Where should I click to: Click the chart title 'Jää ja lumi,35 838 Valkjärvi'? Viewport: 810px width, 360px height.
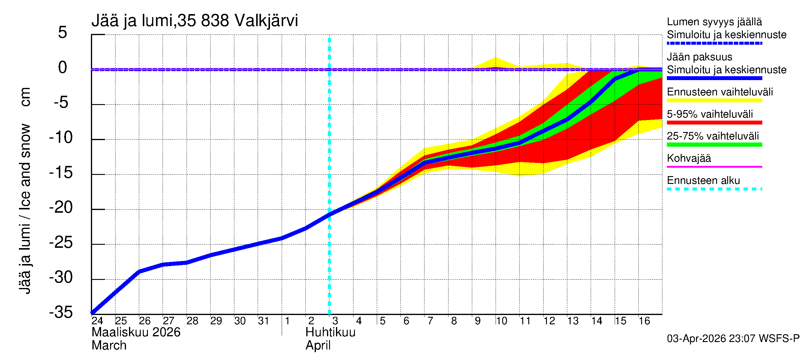click(194, 21)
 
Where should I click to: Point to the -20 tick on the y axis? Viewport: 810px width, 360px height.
click(61, 208)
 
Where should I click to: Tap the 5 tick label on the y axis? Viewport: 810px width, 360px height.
click(63, 32)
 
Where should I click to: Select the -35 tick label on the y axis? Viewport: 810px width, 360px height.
click(61, 312)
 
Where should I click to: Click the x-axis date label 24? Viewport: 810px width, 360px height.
click(97, 321)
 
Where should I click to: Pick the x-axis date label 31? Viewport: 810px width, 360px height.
click(263, 321)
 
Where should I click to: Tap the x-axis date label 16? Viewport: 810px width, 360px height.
click(644, 321)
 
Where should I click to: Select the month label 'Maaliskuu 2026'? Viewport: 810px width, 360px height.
click(136, 332)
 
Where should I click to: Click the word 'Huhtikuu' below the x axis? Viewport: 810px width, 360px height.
click(330, 332)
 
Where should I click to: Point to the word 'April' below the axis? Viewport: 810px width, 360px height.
click(318, 346)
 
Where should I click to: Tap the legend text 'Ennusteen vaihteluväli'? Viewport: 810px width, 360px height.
click(720, 92)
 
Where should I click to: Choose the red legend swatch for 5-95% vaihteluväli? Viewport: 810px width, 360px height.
click(714, 123)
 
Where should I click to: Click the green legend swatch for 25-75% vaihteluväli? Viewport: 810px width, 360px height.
click(714, 145)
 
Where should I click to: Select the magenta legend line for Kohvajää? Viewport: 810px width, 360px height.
click(714, 166)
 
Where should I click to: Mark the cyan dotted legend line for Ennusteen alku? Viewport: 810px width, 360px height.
click(714, 189)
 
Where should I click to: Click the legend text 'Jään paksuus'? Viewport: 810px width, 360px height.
click(699, 57)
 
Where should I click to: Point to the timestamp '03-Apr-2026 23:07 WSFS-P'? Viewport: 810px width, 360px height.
click(733, 339)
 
